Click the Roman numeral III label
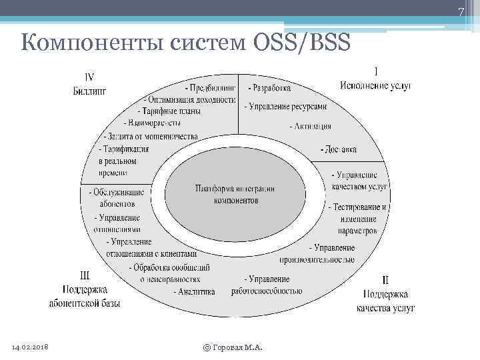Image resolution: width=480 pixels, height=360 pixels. point(85,274)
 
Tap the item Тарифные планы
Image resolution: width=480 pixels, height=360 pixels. point(169,111)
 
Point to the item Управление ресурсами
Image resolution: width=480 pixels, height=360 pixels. point(285,106)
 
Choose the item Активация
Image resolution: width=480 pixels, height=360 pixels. point(310,126)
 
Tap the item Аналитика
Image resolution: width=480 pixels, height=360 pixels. point(194,292)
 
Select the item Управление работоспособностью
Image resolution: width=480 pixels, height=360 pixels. point(267,285)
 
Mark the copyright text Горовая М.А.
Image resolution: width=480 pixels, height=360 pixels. point(233,347)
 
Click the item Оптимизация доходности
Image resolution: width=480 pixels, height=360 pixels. point(189,99)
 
